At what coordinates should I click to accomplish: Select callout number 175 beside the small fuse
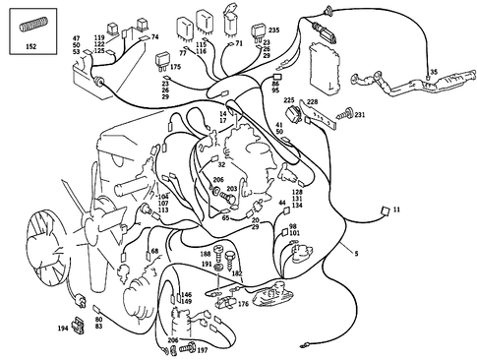[175, 68]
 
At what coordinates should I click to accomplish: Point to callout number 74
[154, 36]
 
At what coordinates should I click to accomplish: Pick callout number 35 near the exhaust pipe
[432, 73]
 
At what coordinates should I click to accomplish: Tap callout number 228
[312, 101]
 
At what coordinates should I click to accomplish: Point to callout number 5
[356, 254]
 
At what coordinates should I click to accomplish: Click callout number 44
[282, 203]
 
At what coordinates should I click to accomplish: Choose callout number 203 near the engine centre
[232, 188]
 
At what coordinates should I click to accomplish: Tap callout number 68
[154, 253]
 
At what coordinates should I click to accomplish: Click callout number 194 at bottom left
[62, 328]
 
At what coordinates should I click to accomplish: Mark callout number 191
[207, 265]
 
